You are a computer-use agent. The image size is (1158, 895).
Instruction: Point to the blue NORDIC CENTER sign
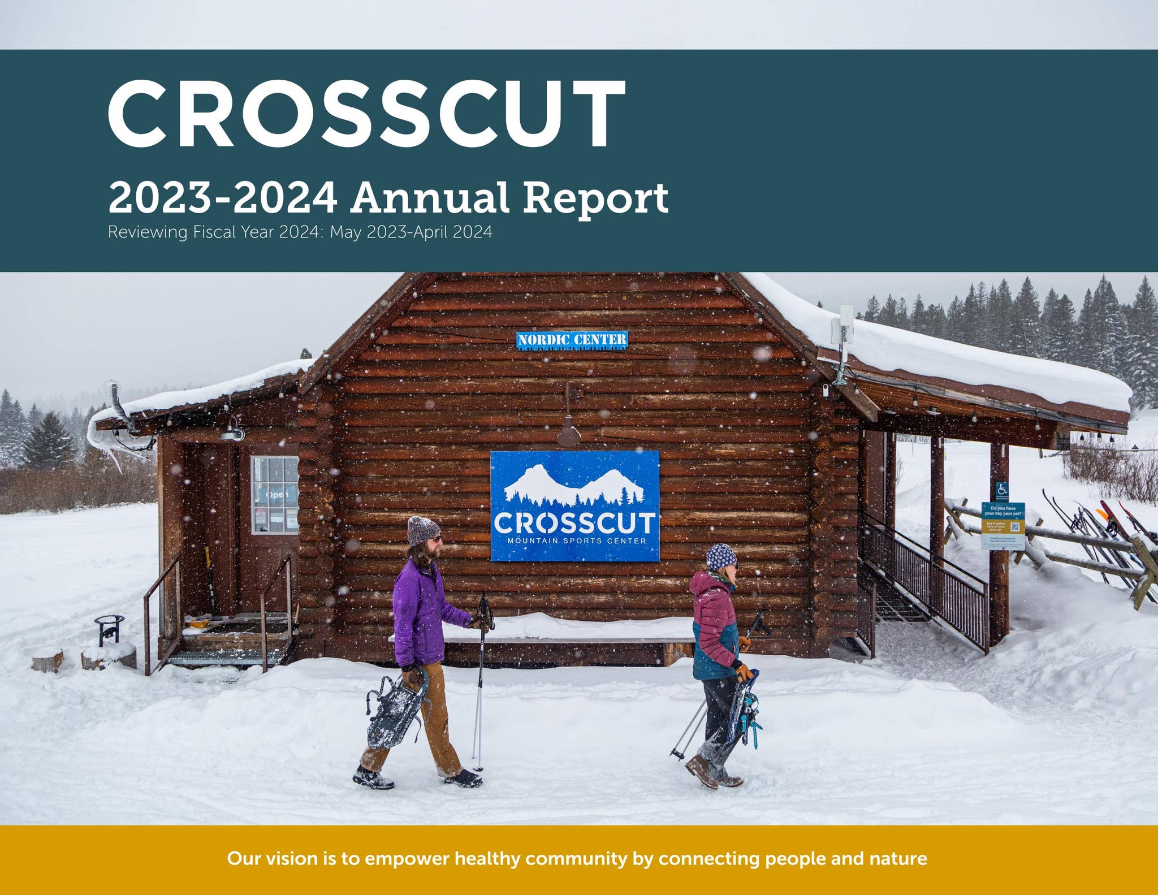572,340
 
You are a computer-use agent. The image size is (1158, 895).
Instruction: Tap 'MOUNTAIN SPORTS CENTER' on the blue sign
576,541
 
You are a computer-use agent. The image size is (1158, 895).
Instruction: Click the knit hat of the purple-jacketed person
422,529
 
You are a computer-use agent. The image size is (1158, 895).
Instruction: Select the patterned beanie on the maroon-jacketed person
721,556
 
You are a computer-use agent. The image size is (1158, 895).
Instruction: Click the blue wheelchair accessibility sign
1001,490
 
